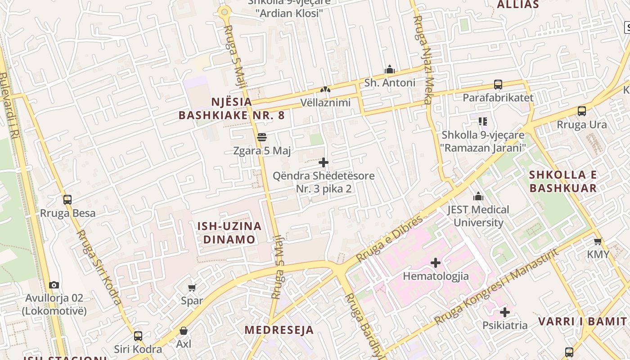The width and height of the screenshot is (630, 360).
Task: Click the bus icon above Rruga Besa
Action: [67, 199]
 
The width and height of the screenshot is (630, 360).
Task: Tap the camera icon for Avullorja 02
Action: [54, 285]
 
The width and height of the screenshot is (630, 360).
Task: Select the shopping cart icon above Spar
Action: [192, 288]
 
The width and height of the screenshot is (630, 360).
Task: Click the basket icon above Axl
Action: [184, 331]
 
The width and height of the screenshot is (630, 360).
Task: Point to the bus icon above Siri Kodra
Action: [138, 336]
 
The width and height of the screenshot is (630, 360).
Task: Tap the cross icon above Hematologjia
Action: [436, 262]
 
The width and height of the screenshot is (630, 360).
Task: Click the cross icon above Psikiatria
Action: [505, 312]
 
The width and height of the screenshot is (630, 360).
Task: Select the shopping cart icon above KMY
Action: [598, 242]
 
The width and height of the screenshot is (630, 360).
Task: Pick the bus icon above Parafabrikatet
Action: [498, 84]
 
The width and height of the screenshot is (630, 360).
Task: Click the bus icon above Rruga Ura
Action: [582, 111]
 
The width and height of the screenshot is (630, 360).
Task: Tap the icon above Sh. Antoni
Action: [390, 69]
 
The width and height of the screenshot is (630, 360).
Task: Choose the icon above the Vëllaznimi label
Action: [325, 90]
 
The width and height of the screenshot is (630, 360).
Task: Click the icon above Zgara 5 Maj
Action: [262, 137]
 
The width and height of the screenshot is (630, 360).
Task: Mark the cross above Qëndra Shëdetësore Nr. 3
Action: [324, 162]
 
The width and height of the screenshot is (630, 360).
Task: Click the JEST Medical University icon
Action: [478, 196]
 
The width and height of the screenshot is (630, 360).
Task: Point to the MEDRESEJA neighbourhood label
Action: [279, 330]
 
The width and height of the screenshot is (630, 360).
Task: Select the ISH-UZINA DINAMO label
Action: [229, 233]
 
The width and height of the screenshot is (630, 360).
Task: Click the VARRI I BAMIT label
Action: [583, 321]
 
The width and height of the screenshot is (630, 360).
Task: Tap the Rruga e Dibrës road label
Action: [389, 239]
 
